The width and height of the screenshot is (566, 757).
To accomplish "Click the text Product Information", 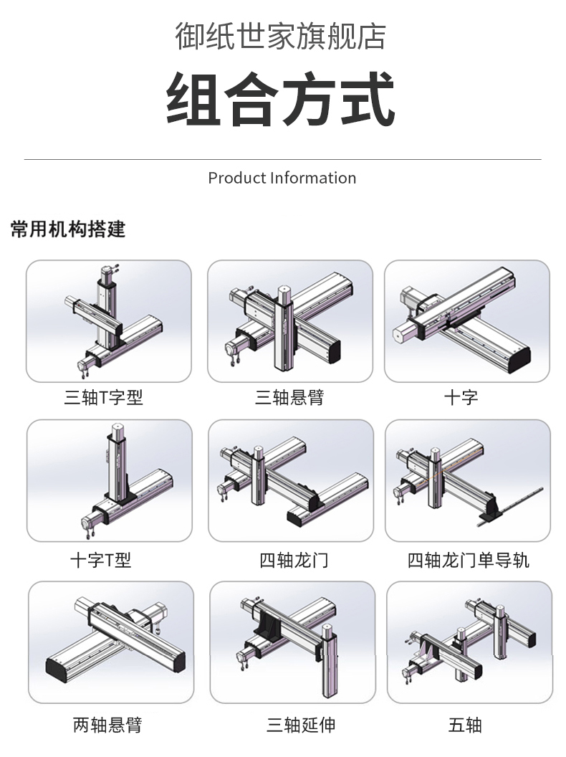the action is pyautogui.click(x=282, y=178).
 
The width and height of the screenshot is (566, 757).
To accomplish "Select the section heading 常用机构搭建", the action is pyautogui.click(x=68, y=229).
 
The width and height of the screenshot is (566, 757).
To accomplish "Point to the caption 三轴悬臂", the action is pyautogui.click(x=289, y=397).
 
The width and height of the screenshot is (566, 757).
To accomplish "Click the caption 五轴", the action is pyautogui.click(x=465, y=725).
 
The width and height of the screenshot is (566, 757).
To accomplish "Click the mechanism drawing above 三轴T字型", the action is pyautogui.click(x=109, y=320).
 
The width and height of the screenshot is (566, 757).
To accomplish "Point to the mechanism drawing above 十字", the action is pyautogui.click(x=467, y=320).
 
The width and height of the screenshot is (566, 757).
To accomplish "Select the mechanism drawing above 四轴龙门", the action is pyautogui.click(x=291, y=480).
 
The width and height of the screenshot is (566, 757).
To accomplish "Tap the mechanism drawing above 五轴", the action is pyautogui.click(x=469, y=642).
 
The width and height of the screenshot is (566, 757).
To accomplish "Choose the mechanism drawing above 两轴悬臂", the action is pyautogui.click(x=111, y=642).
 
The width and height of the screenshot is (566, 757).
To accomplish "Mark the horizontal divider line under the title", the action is pyautogui.click(x=282, y=159).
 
